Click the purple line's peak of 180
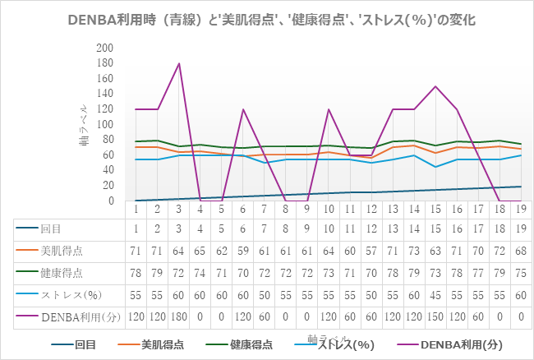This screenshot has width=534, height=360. click(179, 63)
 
